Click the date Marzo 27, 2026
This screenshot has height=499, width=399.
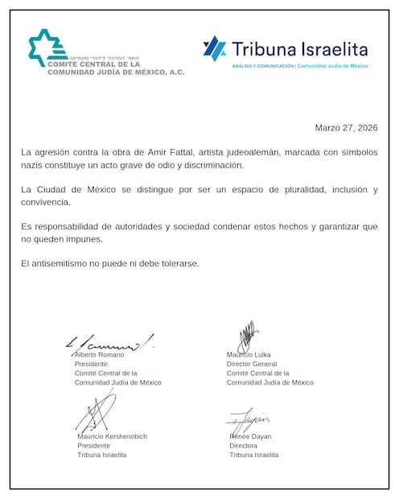pos(345,128)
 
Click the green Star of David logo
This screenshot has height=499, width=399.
pos(46,47)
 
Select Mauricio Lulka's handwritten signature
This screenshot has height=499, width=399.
pos(246,337)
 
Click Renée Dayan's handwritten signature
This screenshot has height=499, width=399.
pos(249,419)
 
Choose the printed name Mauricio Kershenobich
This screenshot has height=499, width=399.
pos(113,436)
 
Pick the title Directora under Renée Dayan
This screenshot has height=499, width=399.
pos(244,446)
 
